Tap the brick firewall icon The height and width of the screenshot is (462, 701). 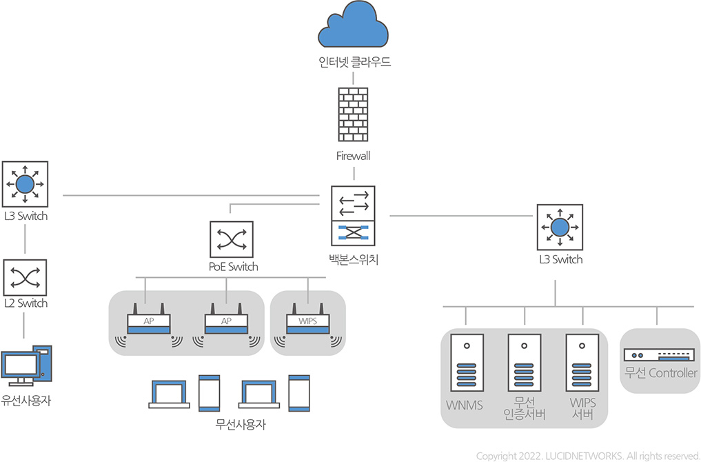[x=354, y=114]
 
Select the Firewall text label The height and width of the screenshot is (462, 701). [x=354, y=156]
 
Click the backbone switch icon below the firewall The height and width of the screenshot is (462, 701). [x=354, y=215]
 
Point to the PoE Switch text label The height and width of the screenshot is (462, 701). [x=233, y=267]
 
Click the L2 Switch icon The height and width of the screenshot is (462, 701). [x=26, y=277]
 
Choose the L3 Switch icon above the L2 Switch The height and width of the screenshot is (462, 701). [x=26, y=184]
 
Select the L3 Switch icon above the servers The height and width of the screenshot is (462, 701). [x=560, y=226]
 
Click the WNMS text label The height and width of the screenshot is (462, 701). [x=465, y=403]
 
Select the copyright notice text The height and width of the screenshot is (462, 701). [x=588, y=455]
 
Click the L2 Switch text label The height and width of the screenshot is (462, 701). [x=26, y=303]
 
